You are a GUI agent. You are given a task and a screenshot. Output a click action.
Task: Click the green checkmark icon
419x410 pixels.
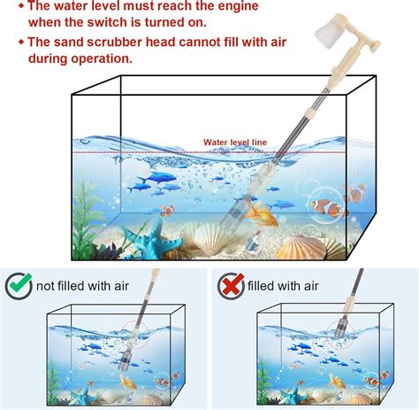pos(19,286)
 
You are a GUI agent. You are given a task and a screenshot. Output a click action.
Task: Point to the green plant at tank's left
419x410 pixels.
pos(89,221)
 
